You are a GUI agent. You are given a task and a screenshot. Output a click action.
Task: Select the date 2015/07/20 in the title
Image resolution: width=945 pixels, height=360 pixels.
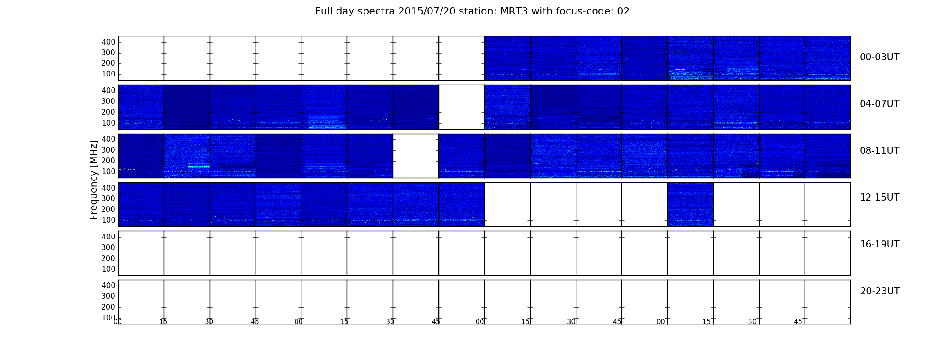pos(427,11)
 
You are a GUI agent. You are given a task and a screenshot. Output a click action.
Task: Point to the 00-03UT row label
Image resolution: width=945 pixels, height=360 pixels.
pos(880,57)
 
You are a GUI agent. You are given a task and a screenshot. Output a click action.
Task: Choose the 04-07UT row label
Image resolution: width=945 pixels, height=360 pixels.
pos(880,104)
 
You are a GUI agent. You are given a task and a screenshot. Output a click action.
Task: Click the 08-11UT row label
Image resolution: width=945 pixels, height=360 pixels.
pos(880,151)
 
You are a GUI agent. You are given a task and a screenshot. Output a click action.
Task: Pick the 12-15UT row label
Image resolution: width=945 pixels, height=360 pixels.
pos(880,198)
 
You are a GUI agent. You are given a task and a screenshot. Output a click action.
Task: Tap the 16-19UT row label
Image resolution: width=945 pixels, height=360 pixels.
pos(880,244)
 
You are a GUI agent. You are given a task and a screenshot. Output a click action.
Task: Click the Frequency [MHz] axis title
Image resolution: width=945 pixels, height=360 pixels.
pos(94,180)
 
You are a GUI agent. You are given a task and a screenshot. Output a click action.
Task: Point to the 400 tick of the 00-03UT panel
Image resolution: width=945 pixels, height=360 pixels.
pos(108,42)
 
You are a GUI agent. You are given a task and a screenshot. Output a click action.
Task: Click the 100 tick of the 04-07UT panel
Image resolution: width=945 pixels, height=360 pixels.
pos(108,123)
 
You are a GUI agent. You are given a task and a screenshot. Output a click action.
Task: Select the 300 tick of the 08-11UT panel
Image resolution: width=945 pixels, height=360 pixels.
pos(108,150)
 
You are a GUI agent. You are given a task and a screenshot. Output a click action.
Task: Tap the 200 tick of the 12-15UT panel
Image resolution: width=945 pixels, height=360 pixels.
pos(108,209)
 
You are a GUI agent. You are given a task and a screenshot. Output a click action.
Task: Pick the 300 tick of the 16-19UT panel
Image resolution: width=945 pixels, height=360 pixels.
pos(108,247)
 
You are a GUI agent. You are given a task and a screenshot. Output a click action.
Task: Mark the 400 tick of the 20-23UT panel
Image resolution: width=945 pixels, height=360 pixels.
pos(108,285)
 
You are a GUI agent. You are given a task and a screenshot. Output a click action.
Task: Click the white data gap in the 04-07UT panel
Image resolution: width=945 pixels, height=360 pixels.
pos(462,107)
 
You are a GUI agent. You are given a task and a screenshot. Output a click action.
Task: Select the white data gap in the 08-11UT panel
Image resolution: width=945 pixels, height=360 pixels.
pos(416,156)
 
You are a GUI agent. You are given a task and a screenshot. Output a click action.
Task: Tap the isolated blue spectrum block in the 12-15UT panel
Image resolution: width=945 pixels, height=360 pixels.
pos(690,204)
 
